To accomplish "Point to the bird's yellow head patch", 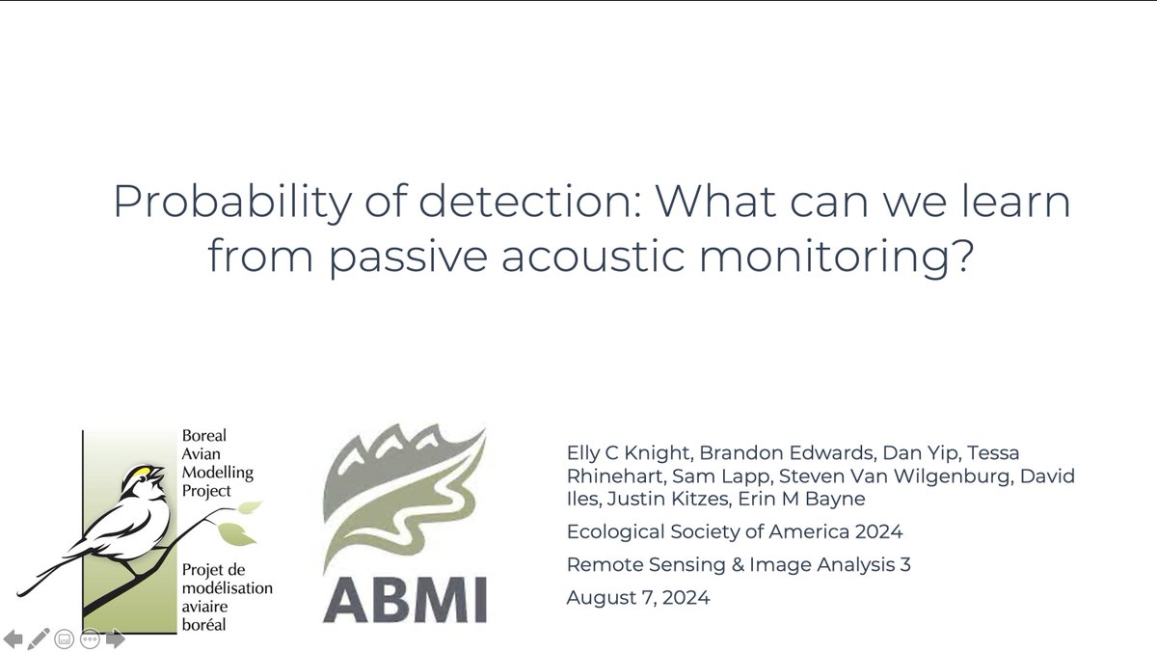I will pos(146,473).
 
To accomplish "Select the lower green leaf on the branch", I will pos(231,531).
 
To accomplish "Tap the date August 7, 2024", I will pos(637,597).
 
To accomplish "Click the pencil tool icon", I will pos(39,638).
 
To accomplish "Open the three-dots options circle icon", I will pos(90,638).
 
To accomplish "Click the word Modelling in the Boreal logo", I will pos(217,473).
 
